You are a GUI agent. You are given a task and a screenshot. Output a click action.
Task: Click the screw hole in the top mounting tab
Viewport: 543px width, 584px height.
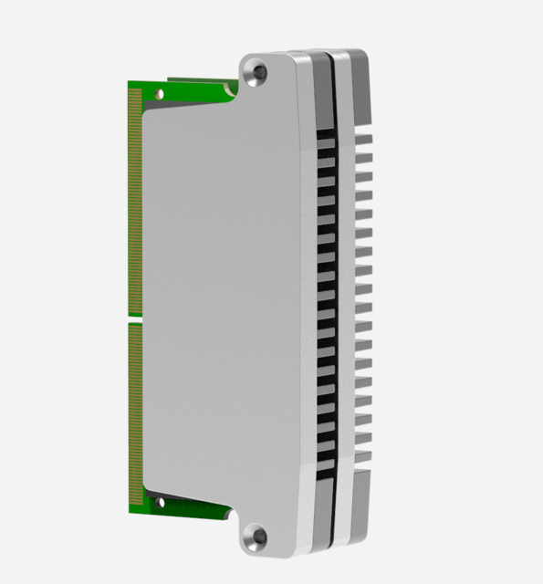click(258, 70)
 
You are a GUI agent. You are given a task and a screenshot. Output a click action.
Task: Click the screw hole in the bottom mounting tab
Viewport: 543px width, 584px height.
click(258, 537)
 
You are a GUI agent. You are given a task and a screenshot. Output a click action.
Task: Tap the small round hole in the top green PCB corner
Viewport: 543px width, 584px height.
click(161, 92)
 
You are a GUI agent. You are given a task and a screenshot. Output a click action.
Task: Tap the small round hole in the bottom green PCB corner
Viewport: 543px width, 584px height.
click(161, 500)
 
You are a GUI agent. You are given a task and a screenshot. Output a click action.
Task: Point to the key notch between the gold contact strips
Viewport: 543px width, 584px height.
click(135, 318)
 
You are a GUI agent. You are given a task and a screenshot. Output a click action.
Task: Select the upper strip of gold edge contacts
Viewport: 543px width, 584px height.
click(135, 201)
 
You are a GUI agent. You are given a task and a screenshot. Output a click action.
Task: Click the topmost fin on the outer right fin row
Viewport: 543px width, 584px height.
click(364, 140)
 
